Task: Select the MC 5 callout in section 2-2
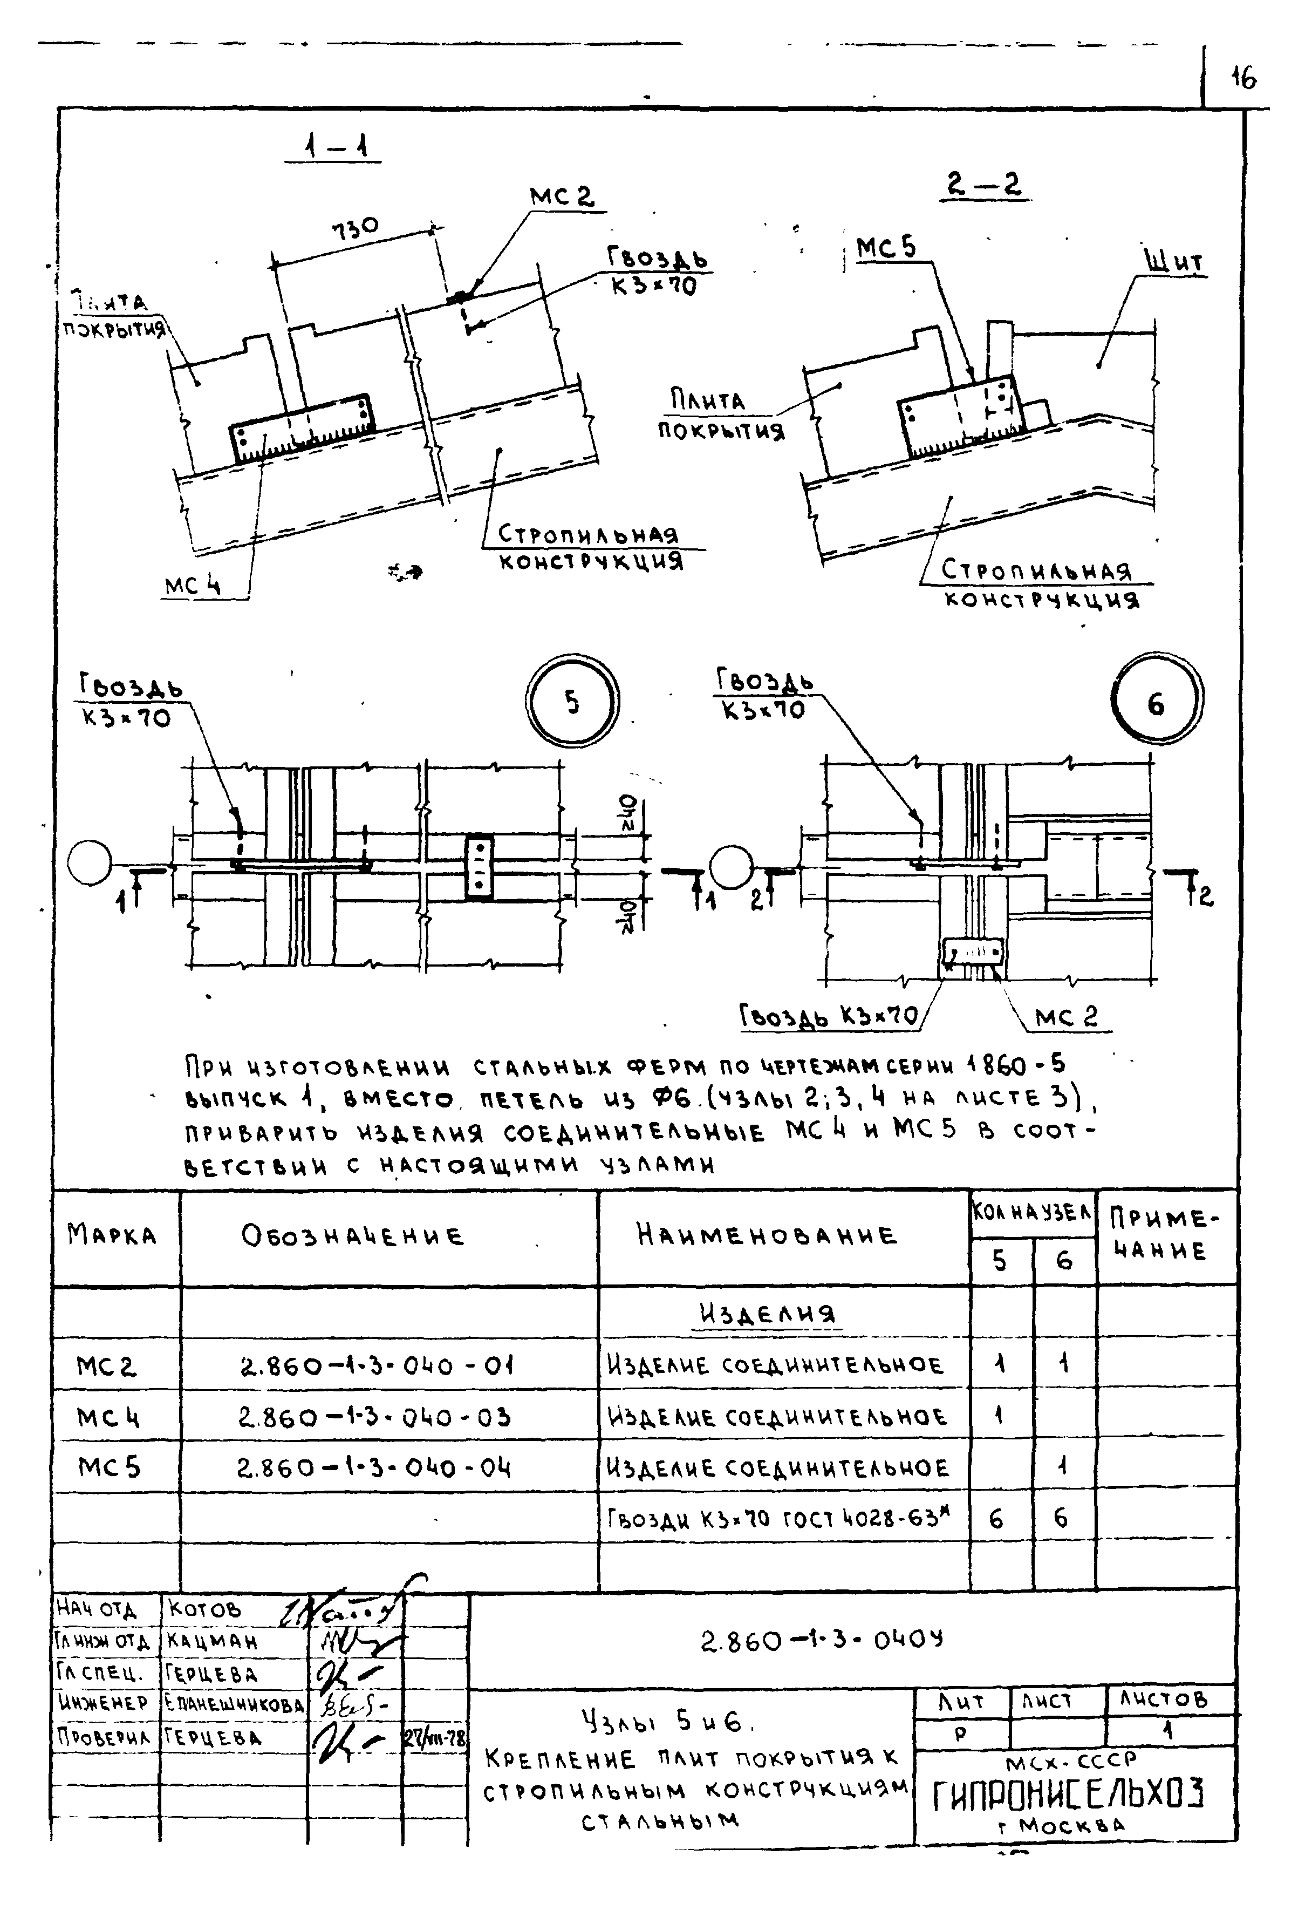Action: [886, 248]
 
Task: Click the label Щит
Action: [1174, 262]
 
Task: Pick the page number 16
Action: [1243, 78]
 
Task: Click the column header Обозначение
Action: [353, 1236]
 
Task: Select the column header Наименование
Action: [766, 1235]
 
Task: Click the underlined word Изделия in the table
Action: [768, 1313]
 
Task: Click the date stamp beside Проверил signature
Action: [435, 1738]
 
